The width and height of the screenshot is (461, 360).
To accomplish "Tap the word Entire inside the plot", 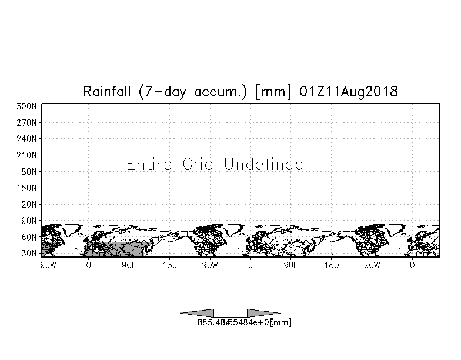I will (x=149, y=164).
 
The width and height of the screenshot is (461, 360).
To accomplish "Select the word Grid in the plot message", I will (x=198, y=164).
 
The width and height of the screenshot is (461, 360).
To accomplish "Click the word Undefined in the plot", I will (x=264, y=164).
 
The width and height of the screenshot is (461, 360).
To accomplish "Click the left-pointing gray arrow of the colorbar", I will (x=197, y=313).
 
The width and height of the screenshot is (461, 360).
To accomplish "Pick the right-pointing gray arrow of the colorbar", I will (x=263, y=313).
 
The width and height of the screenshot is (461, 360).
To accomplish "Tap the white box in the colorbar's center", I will (x=230, y=313).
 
